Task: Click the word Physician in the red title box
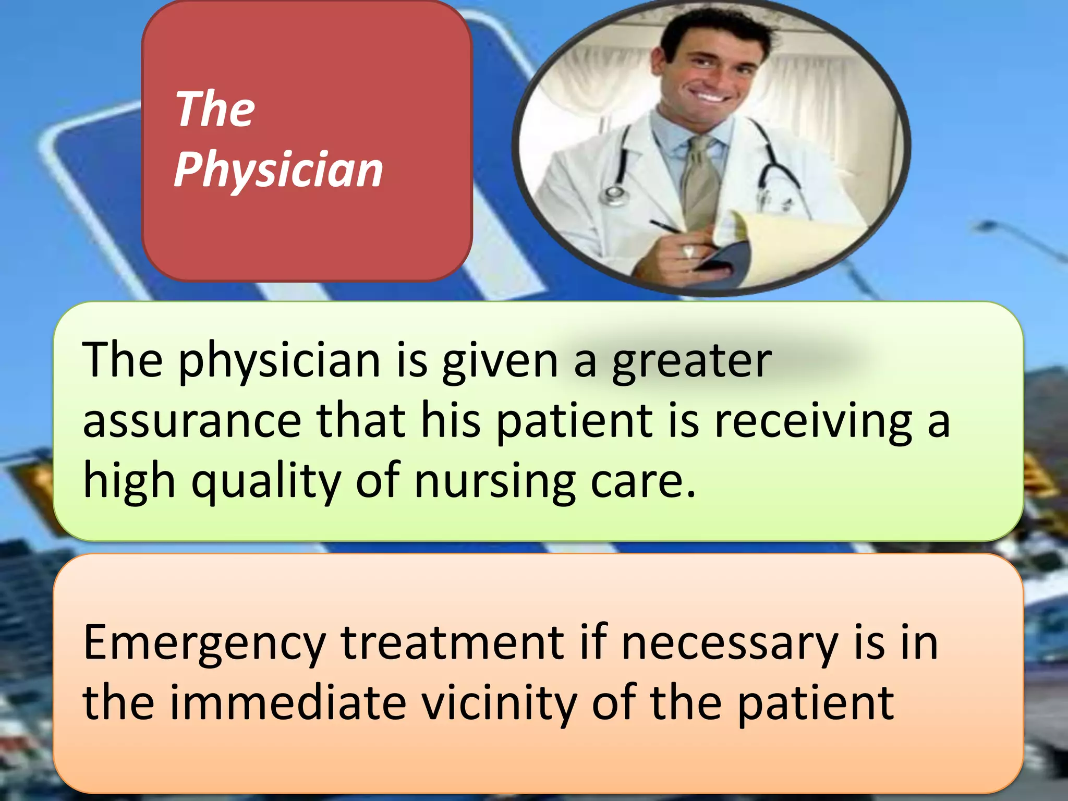point(278,169)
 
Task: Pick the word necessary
point(730,645)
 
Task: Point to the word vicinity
point(498,704)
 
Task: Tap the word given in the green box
point(500,362)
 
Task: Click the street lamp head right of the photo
point(986,226)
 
